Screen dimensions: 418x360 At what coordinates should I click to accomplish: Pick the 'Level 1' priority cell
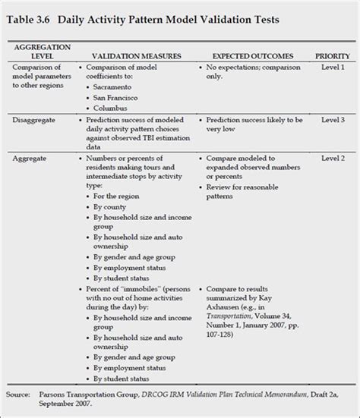click(332, 68)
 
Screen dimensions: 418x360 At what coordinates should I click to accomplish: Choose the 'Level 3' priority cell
click(332, 120)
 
